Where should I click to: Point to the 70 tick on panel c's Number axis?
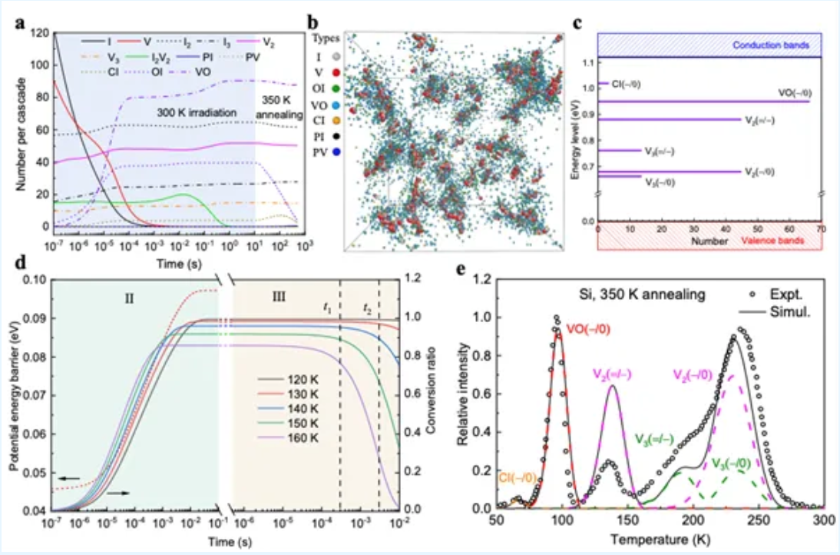click(822, 230)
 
